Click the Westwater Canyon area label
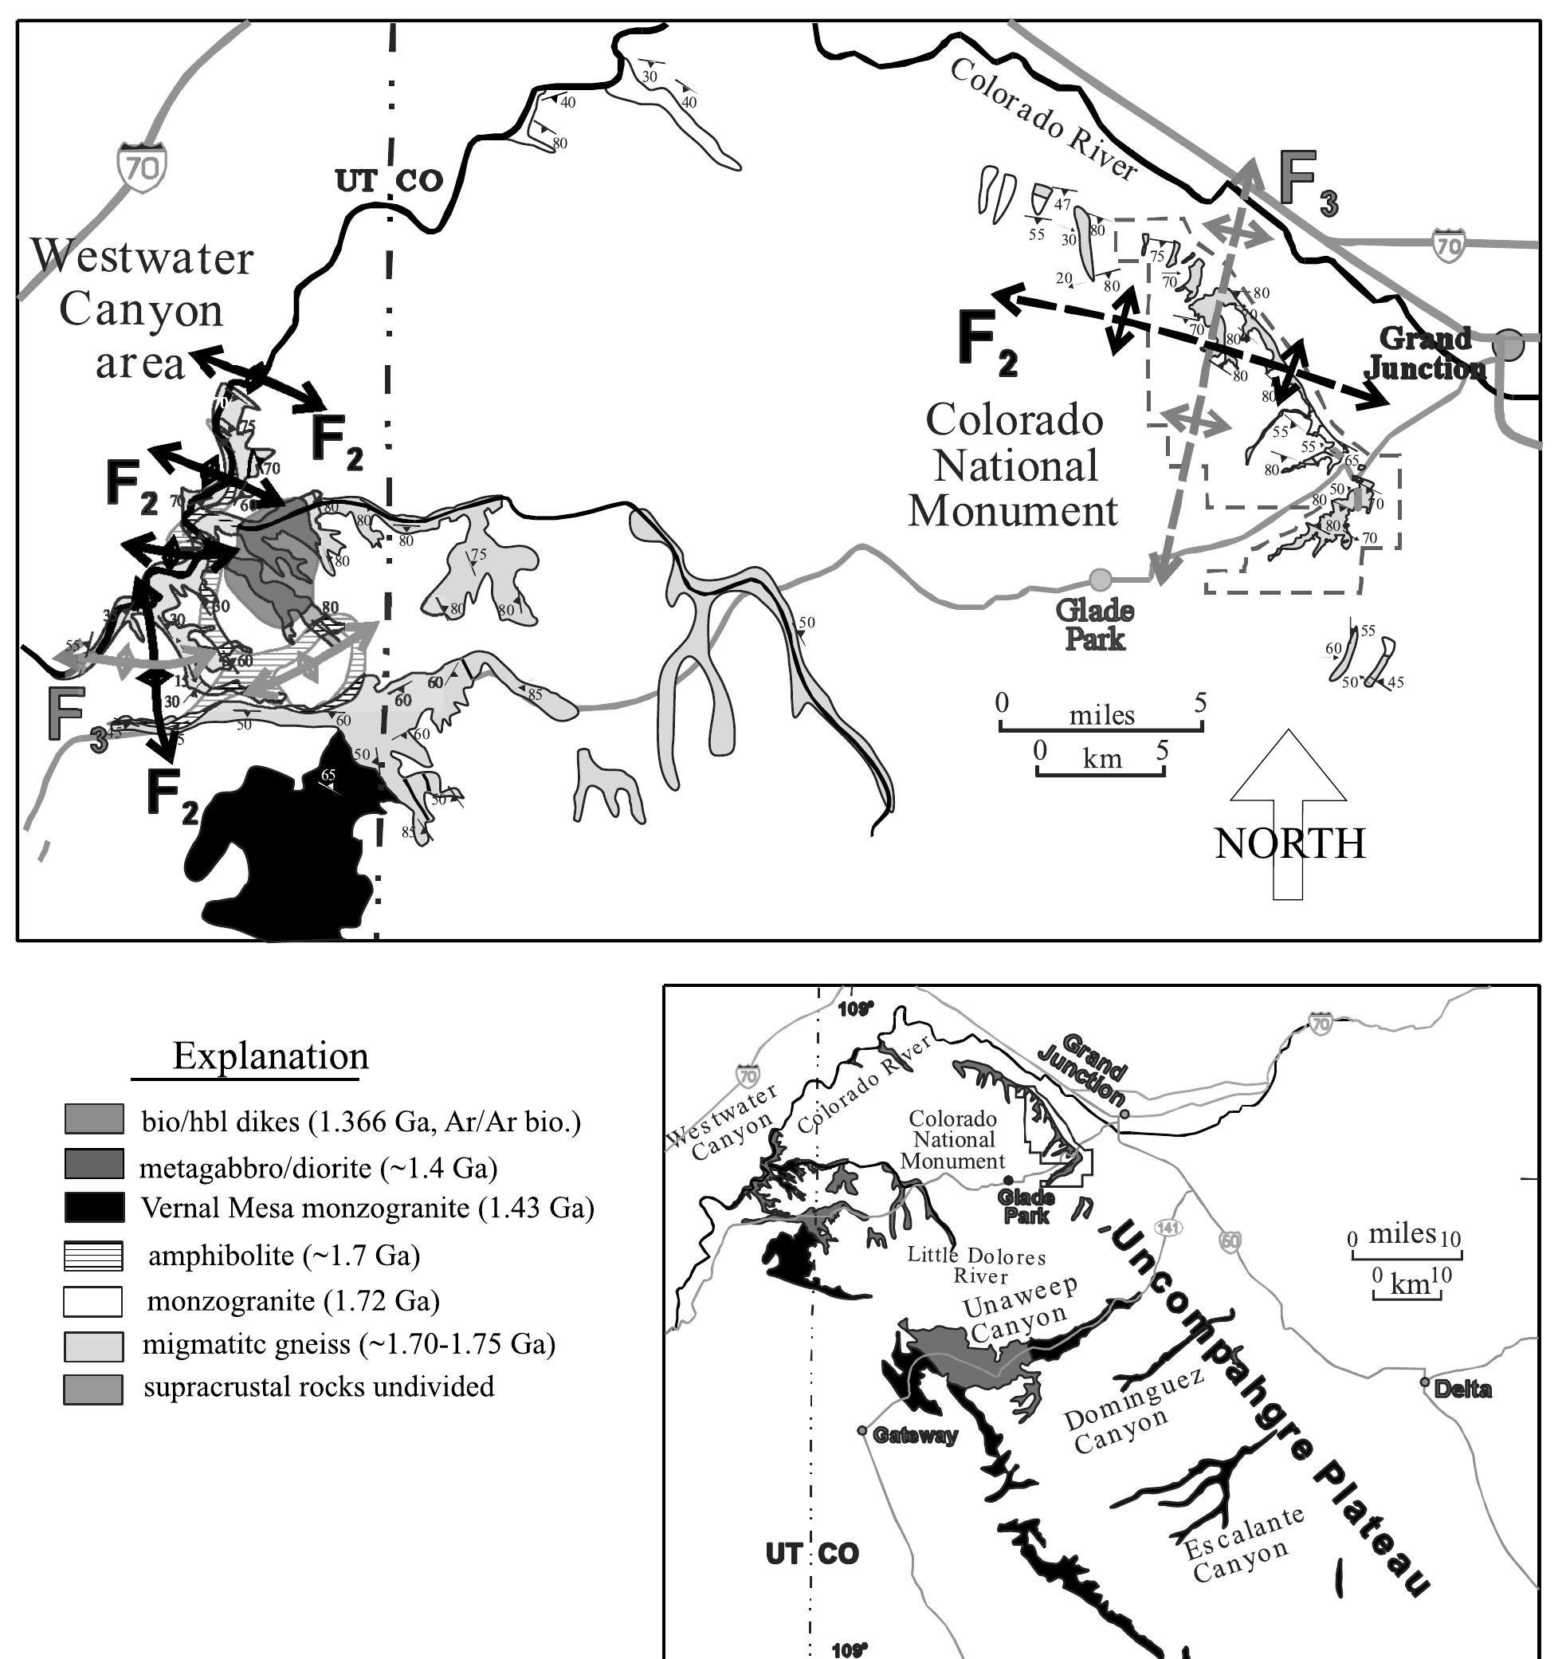click(x=142, y=309)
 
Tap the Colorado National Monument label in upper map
click(x=1014, y=465)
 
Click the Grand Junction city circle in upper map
click(x=1509, y=344)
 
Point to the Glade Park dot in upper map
click(x=1101, y=578)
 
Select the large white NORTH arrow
click(x=1288, y=814)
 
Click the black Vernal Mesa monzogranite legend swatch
click(x=93, y=1208)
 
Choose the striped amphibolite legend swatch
click(x=93, y=1255)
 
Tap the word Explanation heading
click(x=270, y=1056)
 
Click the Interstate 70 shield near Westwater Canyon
click(x=142, y=167)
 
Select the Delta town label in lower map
click(x=1462, y=1390)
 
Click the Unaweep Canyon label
click(x=1019, y=1308)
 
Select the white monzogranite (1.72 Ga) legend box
click(x=93, y=1301)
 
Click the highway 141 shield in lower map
click(x=1168, y=1228)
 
